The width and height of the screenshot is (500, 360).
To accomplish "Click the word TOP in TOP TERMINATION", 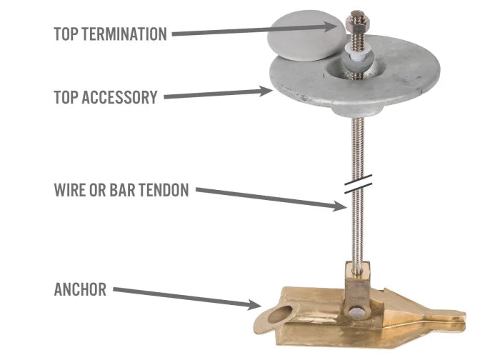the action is point(66,34).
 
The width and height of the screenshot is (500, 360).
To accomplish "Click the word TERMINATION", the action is point(124,34).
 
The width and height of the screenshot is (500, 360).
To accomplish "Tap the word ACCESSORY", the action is point(119,97).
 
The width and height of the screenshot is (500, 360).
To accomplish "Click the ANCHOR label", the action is point(80,289).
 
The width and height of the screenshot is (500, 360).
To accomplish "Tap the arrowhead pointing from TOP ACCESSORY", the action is point(266,91).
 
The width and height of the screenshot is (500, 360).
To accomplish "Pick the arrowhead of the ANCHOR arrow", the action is point(254,304).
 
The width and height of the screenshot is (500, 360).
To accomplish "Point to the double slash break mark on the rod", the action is point(358,184).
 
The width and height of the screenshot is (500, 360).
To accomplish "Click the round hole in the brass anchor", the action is point(280,315).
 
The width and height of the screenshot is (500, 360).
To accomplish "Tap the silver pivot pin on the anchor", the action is point(357,313).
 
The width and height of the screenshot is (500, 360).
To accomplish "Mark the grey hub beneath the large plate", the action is point(356,110).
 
